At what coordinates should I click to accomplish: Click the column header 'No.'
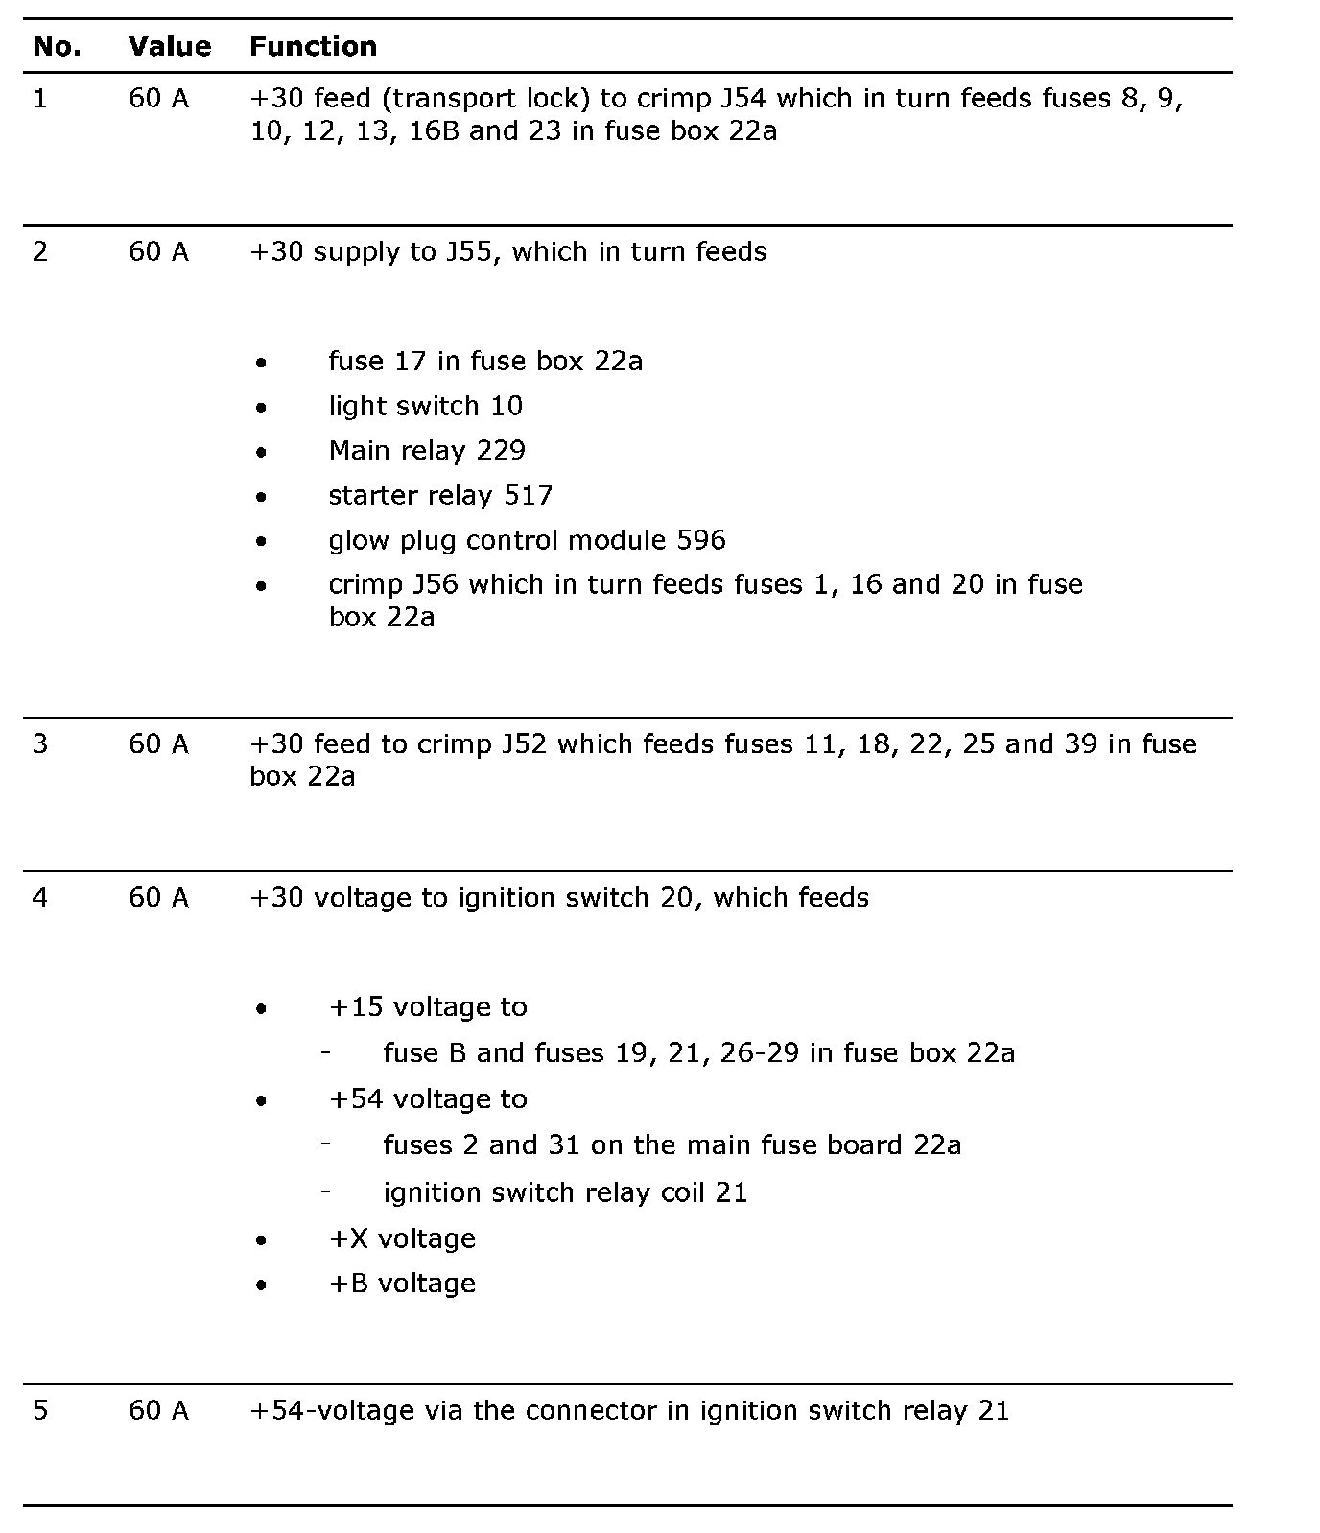57,46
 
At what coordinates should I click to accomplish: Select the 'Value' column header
170,46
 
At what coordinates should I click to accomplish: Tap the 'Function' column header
313,46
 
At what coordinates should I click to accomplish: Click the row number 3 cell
39,743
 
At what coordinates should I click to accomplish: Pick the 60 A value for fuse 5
158,1410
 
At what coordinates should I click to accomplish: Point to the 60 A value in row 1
158,98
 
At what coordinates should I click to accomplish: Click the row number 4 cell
39,897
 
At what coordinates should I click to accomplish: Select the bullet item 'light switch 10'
425,406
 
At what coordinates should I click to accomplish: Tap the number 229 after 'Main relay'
501,450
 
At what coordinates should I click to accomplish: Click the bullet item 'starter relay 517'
440,495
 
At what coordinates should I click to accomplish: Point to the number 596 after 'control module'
701,540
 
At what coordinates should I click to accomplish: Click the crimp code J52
524,743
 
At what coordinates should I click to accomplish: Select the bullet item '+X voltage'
402,1238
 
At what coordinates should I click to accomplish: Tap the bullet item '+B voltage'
402,1284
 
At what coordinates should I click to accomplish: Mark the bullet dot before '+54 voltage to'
261,1100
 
